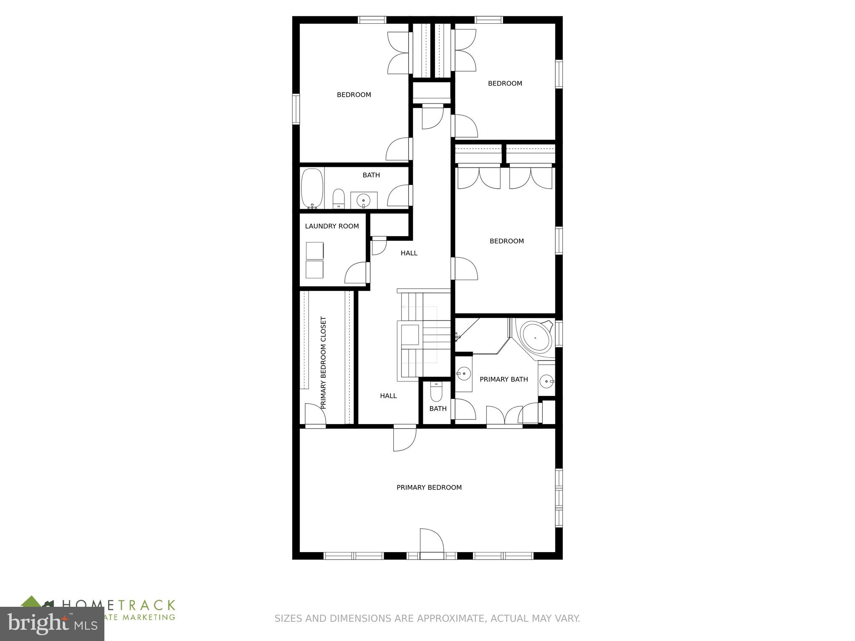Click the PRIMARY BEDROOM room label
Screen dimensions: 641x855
click(429, 487)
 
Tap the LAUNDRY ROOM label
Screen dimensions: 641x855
click(332, 226)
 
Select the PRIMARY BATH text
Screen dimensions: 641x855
click(503, 379)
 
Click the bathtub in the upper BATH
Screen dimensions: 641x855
click(312, 189)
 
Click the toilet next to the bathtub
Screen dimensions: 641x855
click(338, 199)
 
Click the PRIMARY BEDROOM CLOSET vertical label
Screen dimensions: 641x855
click(323, 362)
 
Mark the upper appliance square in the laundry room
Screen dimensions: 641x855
click(314, 251)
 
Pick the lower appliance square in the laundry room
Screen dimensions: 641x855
click(314, 270)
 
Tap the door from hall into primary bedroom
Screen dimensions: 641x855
click(404, 438)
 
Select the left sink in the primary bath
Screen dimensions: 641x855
click(463, 374)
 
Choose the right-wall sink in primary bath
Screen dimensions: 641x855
click(546, 381)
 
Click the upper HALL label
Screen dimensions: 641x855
click(409, 253)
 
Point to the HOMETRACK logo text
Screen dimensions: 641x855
click(119, 605)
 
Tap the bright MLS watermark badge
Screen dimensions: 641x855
click(52, 623)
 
